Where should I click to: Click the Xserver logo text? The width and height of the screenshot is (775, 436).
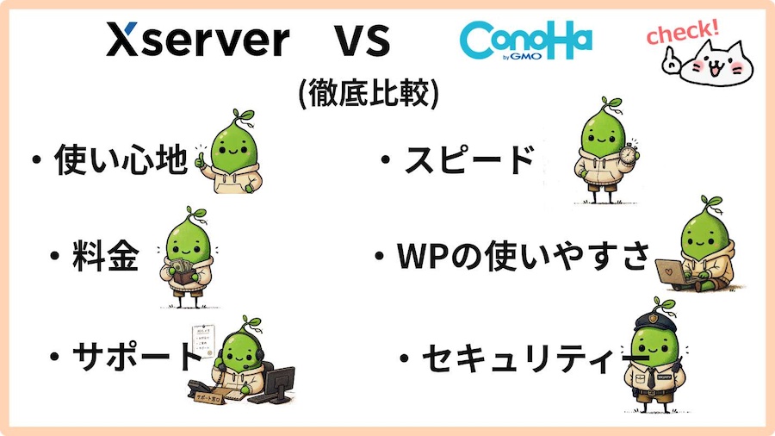pyautogui.click(x=198, y=40)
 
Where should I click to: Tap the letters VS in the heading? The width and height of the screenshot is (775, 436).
pyautogui.click(x=363, y=40)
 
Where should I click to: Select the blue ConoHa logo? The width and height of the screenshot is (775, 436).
pyautogui.click(x=525, y=40)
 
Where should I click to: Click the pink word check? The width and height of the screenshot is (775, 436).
pyautogui.click(x=683, y=31)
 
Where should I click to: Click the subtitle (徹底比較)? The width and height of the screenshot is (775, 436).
pyautogui.click(x=369, y=93)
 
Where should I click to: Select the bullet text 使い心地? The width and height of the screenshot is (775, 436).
pyautogui.click(x=121, y=159)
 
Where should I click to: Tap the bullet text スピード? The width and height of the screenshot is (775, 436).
pyautogui.click(x=469, y=159)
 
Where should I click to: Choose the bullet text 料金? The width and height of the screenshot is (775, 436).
pyautogui.click(x=105, y=256)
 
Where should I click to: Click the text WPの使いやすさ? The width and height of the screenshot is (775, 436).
pyautogui.click(x=523, y=256)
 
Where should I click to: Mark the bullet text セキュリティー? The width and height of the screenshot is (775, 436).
pyautogui.click(x=535, y=358)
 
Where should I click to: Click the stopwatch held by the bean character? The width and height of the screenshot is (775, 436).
pyautogui.click(x=629, y=153)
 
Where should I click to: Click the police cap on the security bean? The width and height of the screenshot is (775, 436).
pyautogui.click(x=654, y=321)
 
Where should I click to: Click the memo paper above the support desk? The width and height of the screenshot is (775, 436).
pyautogui.click(x=203, y=340)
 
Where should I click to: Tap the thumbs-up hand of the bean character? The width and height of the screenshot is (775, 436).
pyautogui.click(x=201, y=161)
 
